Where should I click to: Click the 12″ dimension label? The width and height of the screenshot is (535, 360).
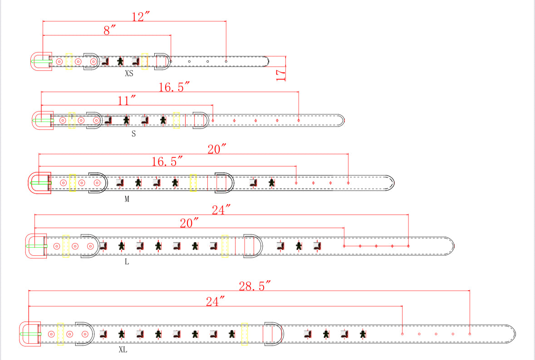(x=141, y=16)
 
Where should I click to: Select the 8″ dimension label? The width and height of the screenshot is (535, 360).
(x=109, y=30)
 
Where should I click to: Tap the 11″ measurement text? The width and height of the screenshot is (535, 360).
(x=127, y=100)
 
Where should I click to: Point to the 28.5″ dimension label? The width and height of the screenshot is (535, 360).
(x=255, y=286)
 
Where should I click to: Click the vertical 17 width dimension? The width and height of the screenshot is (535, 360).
(x=280, y=75)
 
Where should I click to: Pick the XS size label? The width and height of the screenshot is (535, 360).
(x=129, y=73)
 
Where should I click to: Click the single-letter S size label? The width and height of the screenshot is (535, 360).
(x=133, y=134)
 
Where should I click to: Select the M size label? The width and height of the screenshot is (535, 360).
(x=127, y=199)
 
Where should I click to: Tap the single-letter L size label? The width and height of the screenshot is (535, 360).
(x=127, y=262)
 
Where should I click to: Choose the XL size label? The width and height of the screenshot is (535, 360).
(x=123, y=350)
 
